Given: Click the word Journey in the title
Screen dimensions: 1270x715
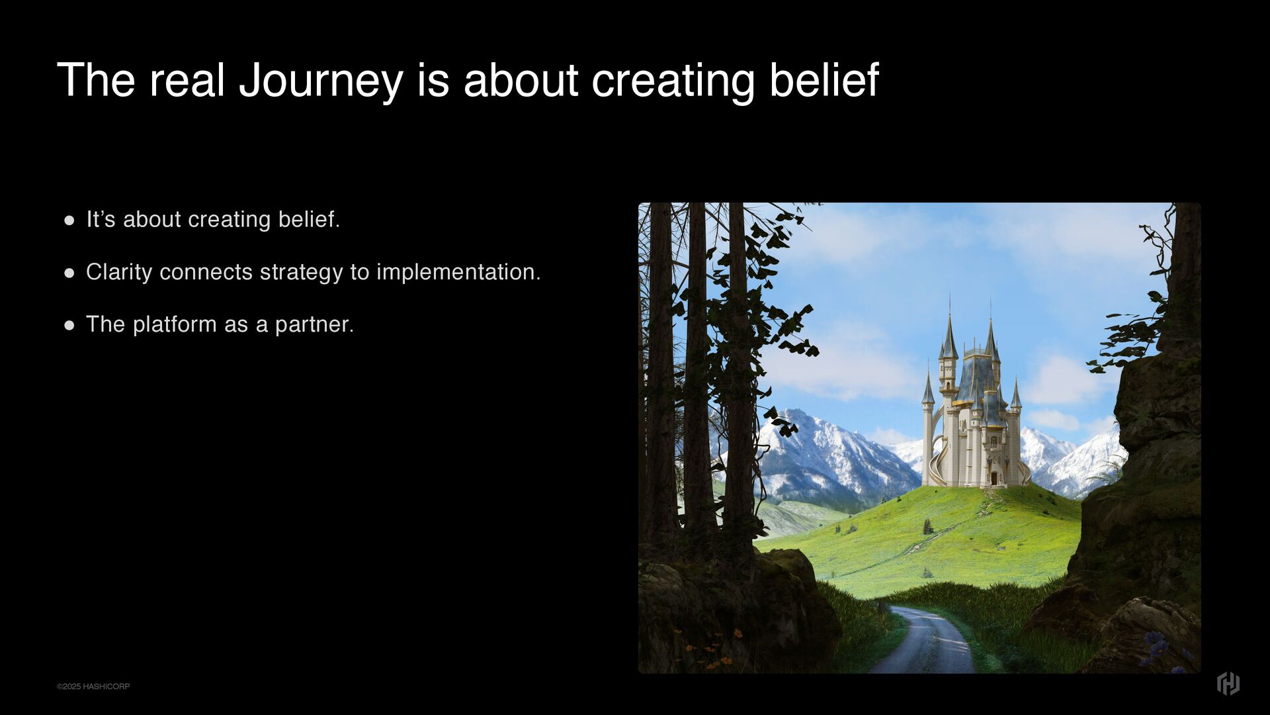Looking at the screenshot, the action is (321, 81).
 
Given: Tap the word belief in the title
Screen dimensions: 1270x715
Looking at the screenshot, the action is (824, 79).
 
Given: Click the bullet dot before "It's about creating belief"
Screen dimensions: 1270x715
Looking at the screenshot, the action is (69, 220).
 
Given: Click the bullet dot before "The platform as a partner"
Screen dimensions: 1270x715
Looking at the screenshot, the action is (69, 326).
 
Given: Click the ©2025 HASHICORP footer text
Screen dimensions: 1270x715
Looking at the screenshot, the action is (93, 687).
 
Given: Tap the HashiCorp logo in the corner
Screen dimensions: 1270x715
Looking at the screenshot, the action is (1228, 683).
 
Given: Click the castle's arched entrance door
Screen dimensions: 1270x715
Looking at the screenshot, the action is (994, 478).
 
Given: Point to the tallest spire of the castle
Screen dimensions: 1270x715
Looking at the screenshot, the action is (950, 328).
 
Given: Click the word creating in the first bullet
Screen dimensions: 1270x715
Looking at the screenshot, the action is (230, 220).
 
